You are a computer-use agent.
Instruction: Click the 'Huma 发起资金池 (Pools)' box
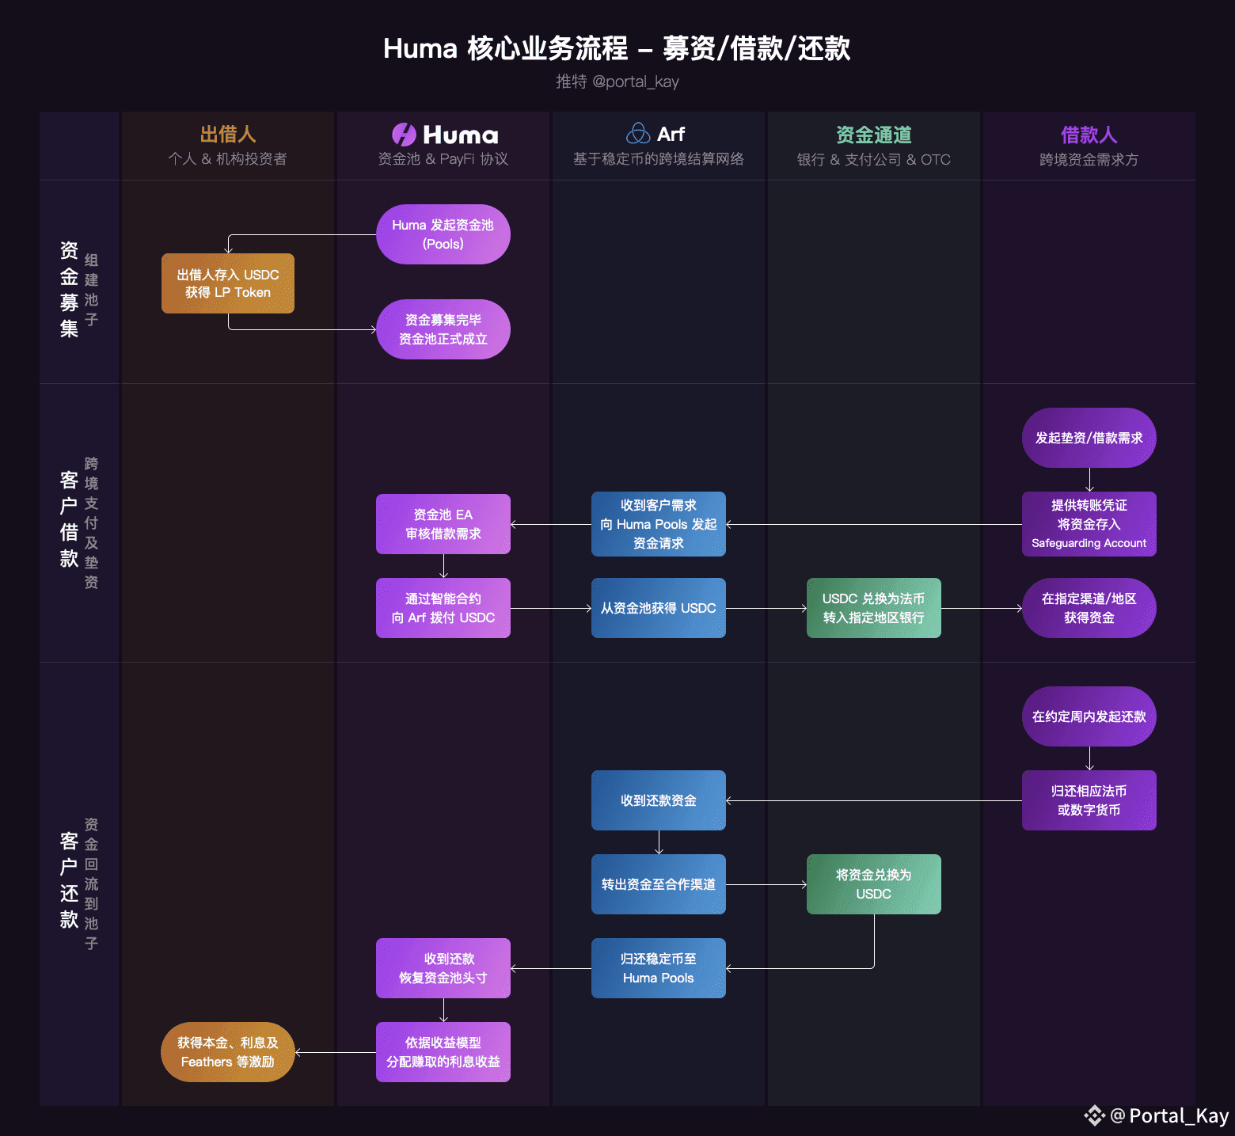pos(443,234)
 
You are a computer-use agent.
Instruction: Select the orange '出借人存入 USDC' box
pos(228,283)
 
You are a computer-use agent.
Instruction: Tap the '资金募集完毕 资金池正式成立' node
pos(443,329)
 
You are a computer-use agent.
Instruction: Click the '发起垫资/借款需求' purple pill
pos(1089,438)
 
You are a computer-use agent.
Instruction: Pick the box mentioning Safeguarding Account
pos(1089,524)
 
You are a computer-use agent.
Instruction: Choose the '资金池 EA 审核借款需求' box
pos(443,524)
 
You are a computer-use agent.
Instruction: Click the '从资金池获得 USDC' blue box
pos(659,608)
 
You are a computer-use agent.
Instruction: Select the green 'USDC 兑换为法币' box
pos(874,608)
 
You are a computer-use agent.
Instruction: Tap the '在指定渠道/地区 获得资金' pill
pos(1089,608)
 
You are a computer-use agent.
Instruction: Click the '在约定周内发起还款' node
pos(1089,716)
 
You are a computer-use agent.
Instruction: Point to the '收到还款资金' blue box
pos(659,800)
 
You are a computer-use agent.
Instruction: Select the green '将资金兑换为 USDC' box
pos(874,884)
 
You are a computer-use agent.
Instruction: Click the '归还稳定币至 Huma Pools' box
pos(659,968)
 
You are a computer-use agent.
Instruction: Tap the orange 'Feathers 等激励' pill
pos(228,1052)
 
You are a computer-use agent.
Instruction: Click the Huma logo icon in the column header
pos(404,135)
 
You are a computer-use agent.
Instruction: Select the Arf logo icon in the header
pos(638,134)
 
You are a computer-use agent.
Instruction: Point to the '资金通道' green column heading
pos(874,135)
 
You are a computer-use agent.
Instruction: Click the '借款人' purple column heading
pos(1089,135)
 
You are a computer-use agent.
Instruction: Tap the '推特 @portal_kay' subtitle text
pos(617,82)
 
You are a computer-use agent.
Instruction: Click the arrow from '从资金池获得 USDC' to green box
pos(766,608)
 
